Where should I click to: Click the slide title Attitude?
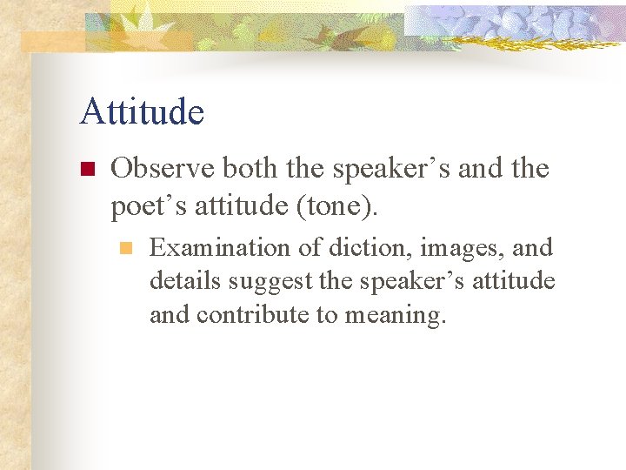tap(142, 112)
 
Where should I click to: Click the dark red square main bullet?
tap(86, 169)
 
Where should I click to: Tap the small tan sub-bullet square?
tap(126, 249)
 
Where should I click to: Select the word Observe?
tap(163, 168)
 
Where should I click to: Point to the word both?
tap(253, 168)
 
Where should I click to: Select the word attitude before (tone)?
tap(227, 206)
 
